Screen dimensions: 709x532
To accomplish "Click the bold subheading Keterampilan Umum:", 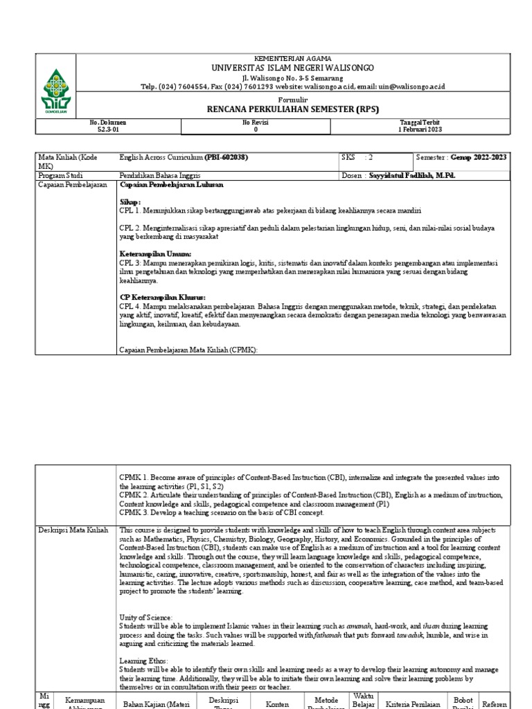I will point(155,254).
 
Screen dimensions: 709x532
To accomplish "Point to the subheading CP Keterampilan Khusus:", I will point(162,297).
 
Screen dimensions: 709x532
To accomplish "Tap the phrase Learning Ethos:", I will point(144,661).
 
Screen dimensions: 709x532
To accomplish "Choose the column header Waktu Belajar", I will point(363,699).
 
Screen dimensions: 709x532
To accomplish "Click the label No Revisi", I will point(255,122).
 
